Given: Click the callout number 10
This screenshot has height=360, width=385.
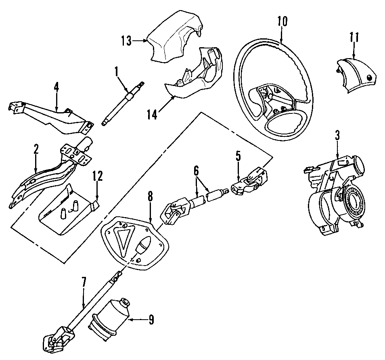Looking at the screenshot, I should pos(282,21).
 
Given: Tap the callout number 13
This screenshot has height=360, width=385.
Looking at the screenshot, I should pos(126,40).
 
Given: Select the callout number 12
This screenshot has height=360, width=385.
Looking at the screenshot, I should pos(98,176).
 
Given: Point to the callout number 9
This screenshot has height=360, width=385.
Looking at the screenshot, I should pos(151,320).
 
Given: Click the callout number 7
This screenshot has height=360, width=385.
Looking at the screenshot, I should pos(84,283).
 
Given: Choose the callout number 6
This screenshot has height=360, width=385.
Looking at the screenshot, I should pos(196,171).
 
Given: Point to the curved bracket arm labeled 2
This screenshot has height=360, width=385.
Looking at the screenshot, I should pos(44,178).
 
